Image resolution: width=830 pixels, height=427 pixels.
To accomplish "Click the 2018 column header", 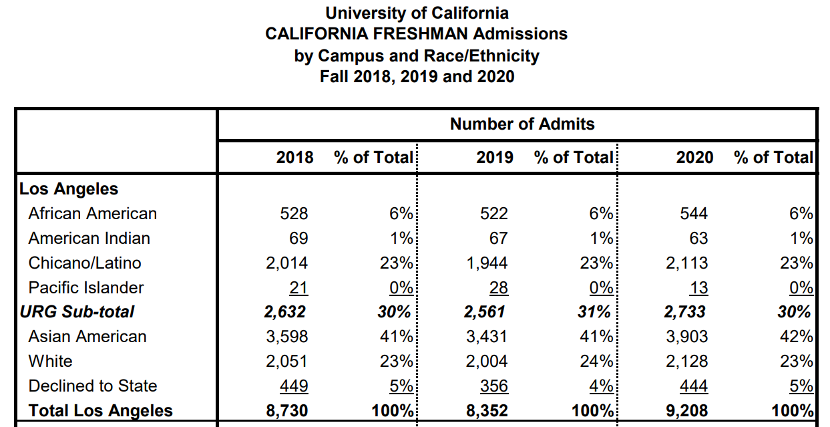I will click(294, 158).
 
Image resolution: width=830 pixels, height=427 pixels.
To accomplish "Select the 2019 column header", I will click(495, 158).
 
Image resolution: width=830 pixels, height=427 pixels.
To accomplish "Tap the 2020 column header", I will click(694, 158).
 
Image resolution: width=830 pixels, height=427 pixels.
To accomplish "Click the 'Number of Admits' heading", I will click(522, 124).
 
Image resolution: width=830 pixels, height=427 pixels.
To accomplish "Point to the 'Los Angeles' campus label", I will click(69, 189).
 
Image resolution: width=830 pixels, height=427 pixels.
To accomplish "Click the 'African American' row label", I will click(92, 214).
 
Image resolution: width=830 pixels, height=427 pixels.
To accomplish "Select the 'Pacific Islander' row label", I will click(86, 287).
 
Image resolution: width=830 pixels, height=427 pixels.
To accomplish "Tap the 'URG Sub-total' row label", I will click(77, 311).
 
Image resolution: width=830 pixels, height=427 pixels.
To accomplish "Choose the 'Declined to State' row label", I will click(93, 386).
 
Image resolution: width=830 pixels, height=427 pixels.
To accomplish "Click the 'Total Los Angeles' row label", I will click(101, 410).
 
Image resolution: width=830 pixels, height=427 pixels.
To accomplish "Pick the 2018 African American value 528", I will click(294, 214).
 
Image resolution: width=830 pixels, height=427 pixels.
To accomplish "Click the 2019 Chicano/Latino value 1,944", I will click(487, 263).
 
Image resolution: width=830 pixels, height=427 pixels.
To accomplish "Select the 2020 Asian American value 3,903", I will click(686, 337).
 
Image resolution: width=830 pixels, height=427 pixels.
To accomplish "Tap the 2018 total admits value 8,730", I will click(287, 410).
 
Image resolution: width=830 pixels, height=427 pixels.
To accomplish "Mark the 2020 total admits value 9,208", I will click(686, 410).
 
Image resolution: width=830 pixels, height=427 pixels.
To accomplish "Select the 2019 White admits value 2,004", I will click(487, 362).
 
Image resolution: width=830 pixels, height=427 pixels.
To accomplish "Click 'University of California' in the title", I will click(417, 13).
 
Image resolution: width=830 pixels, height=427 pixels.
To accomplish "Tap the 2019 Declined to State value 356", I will click(494, 386).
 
